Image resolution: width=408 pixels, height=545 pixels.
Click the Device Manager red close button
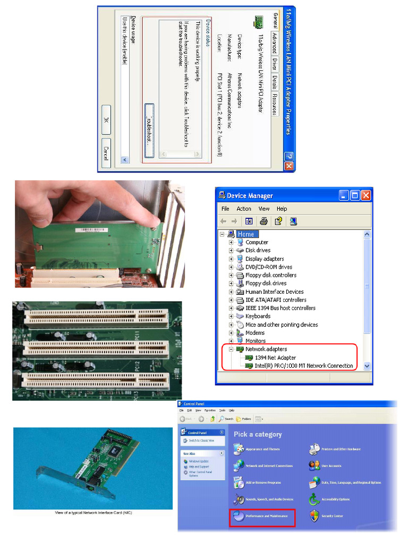point(365,195)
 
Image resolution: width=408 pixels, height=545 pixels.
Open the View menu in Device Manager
point(263,209)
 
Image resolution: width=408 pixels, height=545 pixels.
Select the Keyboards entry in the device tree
point(258,316)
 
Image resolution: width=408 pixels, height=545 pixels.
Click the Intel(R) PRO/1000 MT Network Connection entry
point(303,366)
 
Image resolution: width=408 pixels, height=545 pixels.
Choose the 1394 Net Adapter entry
point(275,358)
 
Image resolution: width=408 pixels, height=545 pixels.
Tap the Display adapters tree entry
point(264,259)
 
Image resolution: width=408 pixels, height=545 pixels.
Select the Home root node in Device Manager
point(245,234)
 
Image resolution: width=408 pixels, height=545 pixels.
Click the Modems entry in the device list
point(255,333)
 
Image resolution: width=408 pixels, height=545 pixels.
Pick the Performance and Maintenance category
point(266,516)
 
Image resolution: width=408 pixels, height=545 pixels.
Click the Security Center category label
point(332,516)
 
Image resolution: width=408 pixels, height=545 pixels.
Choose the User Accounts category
point(331,466)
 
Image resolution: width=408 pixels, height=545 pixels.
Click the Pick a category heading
point(258,434)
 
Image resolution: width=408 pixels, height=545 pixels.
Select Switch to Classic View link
point(201,441)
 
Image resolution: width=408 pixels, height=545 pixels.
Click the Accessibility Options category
point(335,499)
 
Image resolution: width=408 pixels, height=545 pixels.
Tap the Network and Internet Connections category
point(269,466)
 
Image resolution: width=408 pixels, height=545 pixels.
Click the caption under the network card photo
point(93,513)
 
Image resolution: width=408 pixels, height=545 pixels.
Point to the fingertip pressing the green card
point(154,220)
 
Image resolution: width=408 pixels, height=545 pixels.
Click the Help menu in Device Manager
point(282,209)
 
